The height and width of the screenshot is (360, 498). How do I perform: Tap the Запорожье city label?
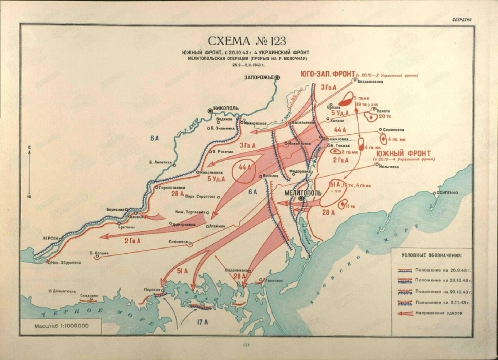[x=259, y=77]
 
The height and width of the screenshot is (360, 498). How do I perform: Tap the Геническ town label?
[x=274, y=280]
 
